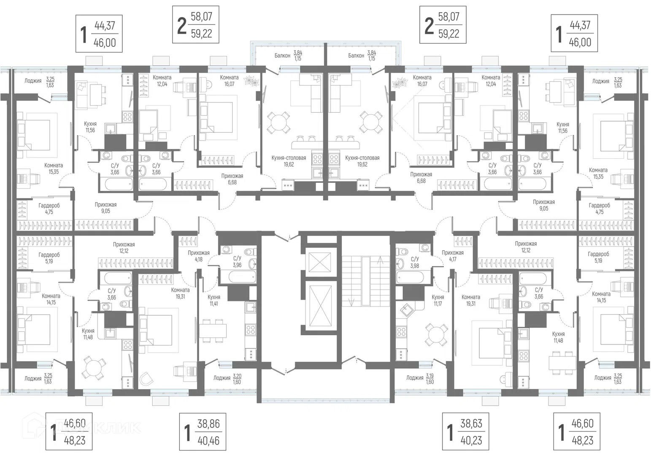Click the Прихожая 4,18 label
pos(198,256)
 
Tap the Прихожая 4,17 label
pos(453,256)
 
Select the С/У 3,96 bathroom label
pos(237,261)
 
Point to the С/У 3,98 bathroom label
pos(415,262)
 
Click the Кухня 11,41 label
pos(214,301)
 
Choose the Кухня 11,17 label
pos(438,301)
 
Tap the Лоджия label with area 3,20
pos(227,379)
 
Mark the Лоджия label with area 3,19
pos(420,379)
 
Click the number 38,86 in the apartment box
pos(209,424)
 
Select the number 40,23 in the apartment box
pos(471,440)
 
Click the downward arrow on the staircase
pos(351,293)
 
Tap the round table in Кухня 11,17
pos(436,334)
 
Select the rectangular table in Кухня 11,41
pos(213,330)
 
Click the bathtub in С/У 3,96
pos(242,277)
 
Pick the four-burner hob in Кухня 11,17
pos(401,332)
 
